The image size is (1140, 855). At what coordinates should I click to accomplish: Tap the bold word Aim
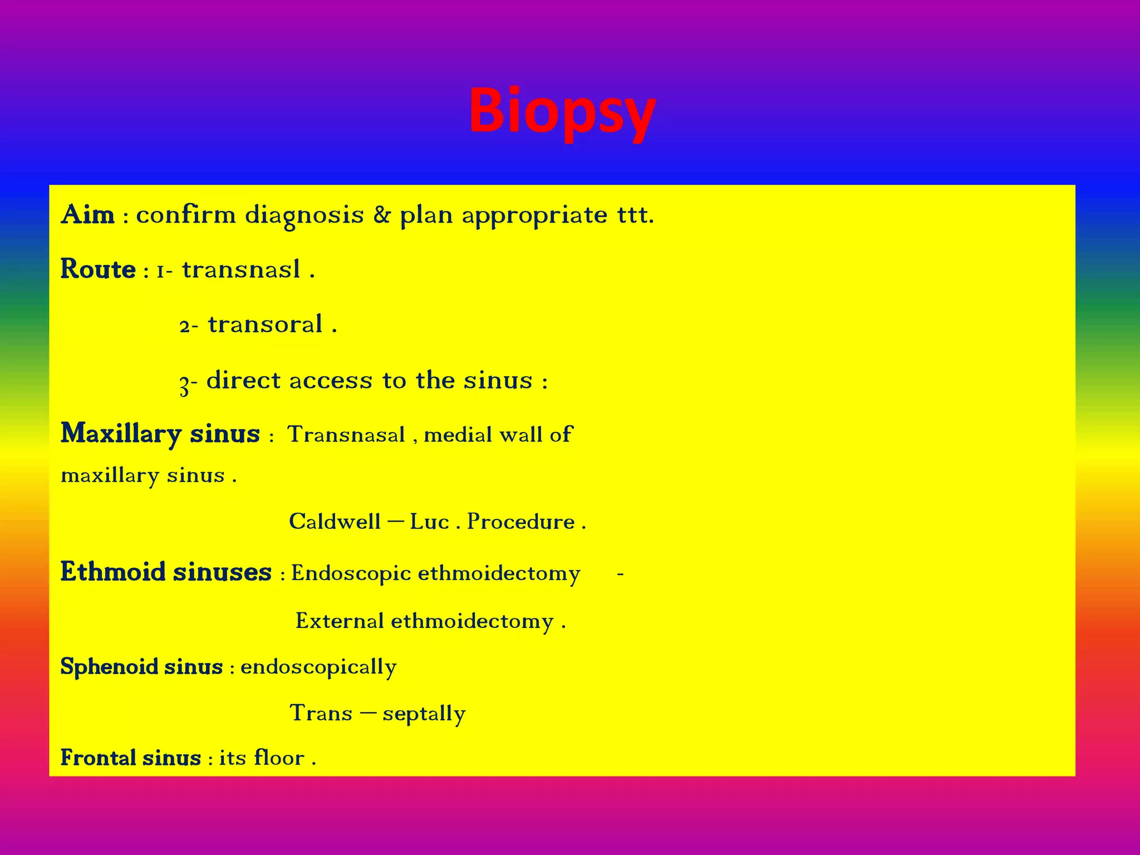coord(88,215)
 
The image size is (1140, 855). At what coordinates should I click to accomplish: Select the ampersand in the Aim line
coord(382,215)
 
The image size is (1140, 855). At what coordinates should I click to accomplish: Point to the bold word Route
coord(98,269)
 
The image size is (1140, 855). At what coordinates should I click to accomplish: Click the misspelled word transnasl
coord(241,269)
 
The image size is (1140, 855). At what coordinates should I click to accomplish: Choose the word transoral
coord(265,325)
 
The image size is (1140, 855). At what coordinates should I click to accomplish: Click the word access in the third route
coord(331,381)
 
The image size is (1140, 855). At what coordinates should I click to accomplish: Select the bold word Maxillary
coord(121,434)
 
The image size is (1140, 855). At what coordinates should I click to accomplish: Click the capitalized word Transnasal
coord(346,435)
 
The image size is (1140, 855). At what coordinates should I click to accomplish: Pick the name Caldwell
coord(335,522)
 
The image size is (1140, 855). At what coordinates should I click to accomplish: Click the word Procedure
coord(520,522)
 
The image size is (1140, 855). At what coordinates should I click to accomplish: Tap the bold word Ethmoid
coord(113,572)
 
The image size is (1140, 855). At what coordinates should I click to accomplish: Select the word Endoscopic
coord(351,573)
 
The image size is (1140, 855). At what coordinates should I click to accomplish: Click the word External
coord(340,621)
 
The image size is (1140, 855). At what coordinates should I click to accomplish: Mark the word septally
coord(424,714)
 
